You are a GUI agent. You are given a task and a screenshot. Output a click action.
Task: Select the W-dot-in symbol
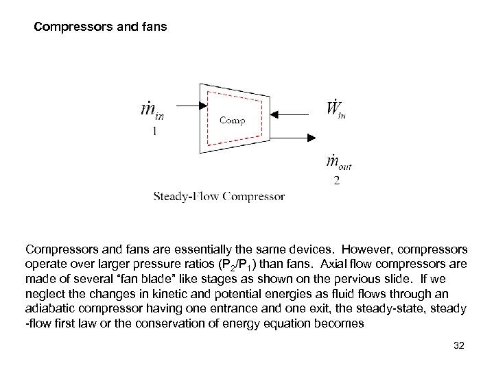click(x=334, y=110)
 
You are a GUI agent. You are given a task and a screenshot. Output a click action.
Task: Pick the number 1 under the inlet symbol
click(x=155, y=132)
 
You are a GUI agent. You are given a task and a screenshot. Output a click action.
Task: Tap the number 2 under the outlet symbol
click(x=336, y=181)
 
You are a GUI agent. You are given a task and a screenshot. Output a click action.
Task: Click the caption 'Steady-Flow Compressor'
click(x=218, y=197)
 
